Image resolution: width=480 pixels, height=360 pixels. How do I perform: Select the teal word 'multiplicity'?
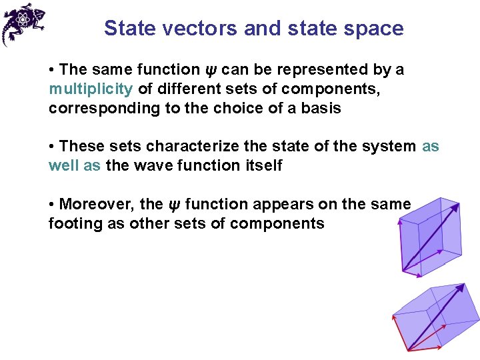[91, 89]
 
